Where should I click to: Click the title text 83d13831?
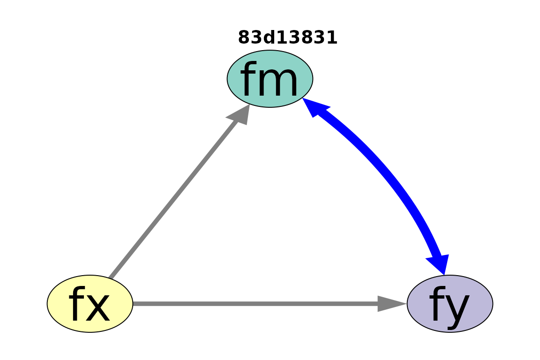pyautogui.click(x=287, y=37)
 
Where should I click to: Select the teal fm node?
pyautogui.click(x=270, y=79)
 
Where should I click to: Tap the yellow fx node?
pyautogui.click(x=90, y=304)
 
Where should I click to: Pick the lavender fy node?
pyautogui.click(x=450, y=304)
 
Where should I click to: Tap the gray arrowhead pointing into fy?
pyautogui.click(x=392, y=304)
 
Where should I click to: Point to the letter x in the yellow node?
pyautogui.click(x=98, y=308)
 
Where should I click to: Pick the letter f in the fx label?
pyautogui.click(x=77, y=304)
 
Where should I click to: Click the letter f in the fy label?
pyautogui.click(x=437, y=304)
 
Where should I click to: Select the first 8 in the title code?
pyautogui.click(x=244, y=37)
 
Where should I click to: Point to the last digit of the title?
pyautogui.click(x=332, y=37)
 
